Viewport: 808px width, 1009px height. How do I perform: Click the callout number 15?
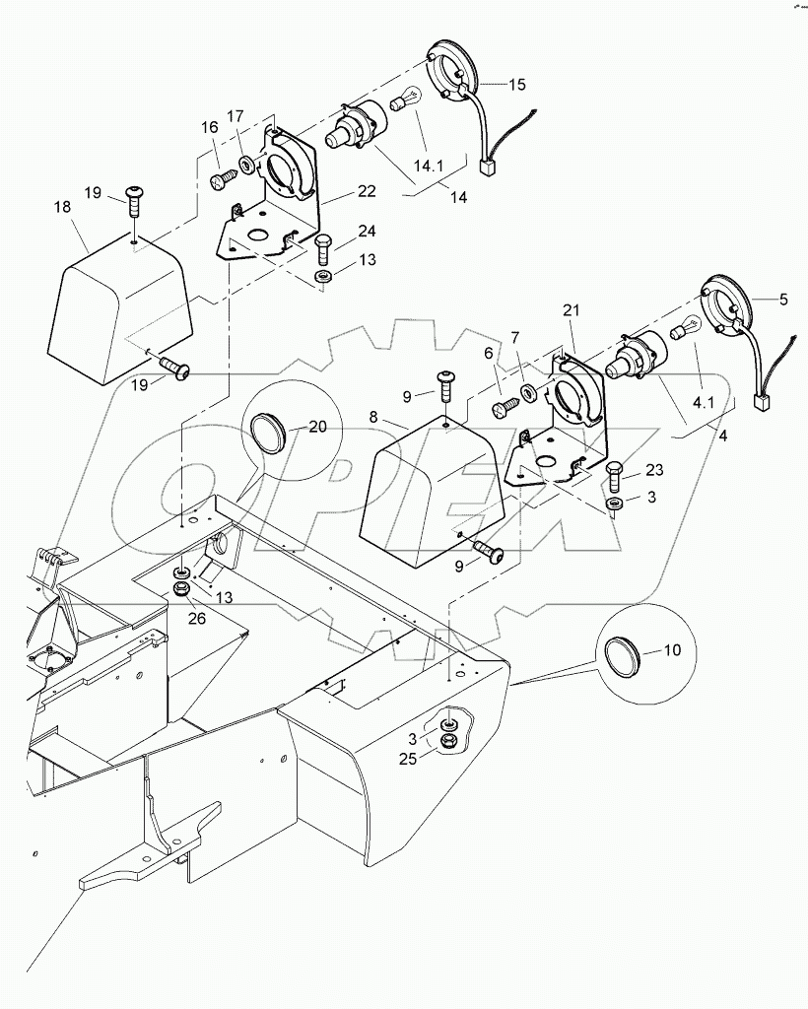516,85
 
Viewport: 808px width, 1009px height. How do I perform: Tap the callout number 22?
368,191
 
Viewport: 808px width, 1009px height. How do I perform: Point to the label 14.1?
429,166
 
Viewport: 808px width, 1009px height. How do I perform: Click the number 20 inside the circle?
318,427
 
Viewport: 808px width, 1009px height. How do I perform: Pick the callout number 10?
672,650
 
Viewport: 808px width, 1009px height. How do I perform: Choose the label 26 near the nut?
197,619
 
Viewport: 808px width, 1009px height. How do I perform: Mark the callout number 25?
408,759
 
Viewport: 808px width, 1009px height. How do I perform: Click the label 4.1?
704,403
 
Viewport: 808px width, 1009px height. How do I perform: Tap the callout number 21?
572,310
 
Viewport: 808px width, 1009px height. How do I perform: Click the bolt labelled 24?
323,249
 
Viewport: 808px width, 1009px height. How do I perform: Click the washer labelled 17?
246,165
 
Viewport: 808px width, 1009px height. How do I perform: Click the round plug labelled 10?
626,652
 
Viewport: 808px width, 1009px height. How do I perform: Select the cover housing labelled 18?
121,308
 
